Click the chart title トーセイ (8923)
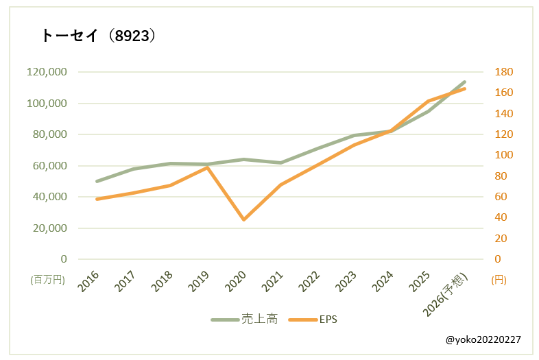[x=98, y=36]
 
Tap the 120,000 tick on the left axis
[x=47, y=72]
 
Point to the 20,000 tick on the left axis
[x=50, y=228]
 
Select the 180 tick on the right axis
[x=503, y=72]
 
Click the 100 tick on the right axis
[x=503, y=155]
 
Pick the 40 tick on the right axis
[x=501, y=217]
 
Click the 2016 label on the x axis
[x=88, y=281]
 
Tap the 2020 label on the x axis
[x=235, y=281]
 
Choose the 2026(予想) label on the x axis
[x=445, y=294]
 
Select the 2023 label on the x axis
[x=346, y=281]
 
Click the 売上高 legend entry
[x=244, y=320]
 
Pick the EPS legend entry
[x=313, y=320]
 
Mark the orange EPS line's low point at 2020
[x=243, y=219]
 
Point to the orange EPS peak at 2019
[x=207, y=167]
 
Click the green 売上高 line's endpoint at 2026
[x=464, y=82]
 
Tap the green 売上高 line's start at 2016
[x=97, y=181]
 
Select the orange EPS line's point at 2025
[x=428, y=101]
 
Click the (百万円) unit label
[x=48, y=280]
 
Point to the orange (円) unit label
[x=499, y=280]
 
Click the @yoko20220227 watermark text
[x=483, y=339]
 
